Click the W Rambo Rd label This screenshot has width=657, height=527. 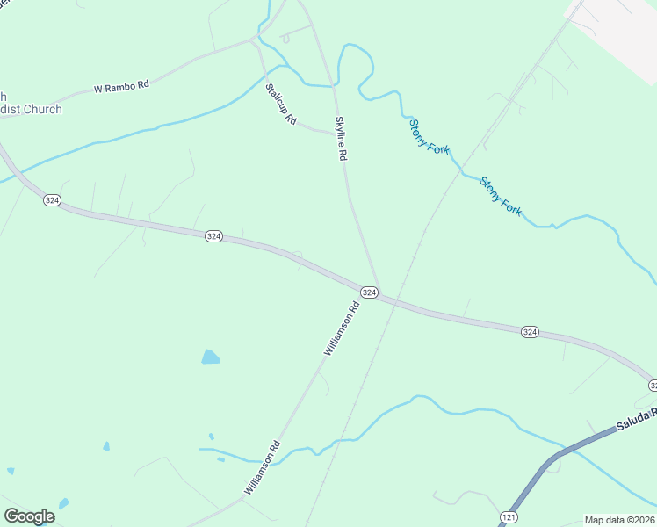coord(121,87)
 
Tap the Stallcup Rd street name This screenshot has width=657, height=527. coord(281,103)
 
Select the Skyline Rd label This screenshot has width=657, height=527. coord(341,138)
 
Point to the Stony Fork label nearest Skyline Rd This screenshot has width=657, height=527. coord(429,136)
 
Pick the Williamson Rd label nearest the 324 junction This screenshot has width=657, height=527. coord(343,328)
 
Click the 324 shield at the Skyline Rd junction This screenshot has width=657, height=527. coord(369,292)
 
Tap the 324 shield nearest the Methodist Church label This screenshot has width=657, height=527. coord(52,201)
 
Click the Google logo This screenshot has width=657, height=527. coord(29,516)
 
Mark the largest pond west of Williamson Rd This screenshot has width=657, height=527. coord(211,357)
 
